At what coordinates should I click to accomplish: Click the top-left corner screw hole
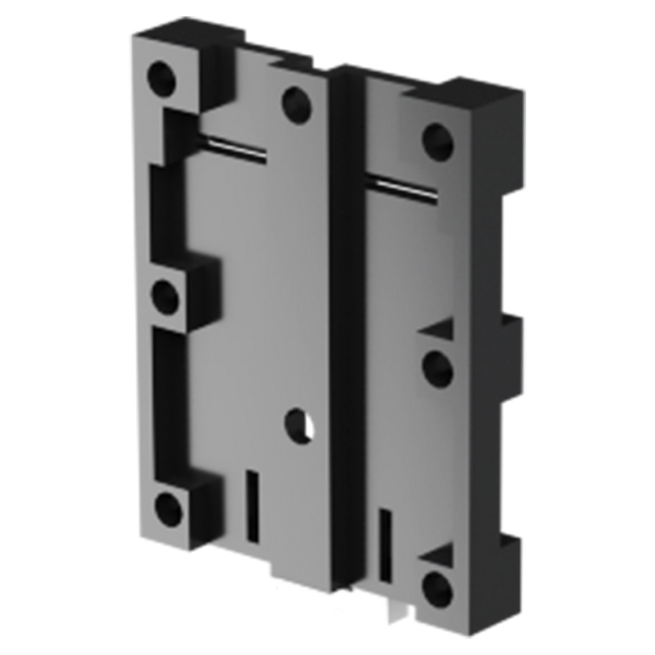162,78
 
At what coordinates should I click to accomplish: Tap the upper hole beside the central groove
296,103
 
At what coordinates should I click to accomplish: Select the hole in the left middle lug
166,296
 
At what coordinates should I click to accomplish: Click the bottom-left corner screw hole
169,510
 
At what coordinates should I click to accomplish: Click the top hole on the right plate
437,141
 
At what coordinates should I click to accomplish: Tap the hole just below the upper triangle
437,368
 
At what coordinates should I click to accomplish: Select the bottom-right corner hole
438,586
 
